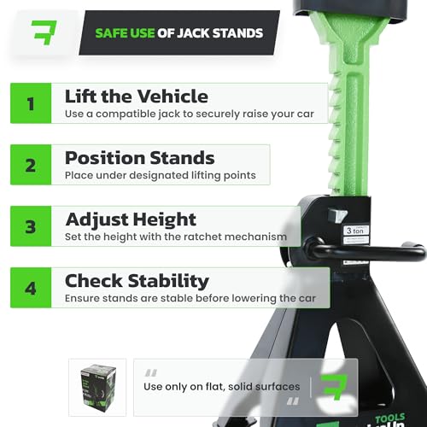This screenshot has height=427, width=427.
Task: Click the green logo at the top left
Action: pyautogui.click(x=44, y=32)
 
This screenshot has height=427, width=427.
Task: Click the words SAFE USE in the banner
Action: pyautogui.click(x=125, y=33)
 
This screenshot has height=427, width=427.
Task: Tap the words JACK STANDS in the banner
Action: pyautogui.click(x=220, y=33)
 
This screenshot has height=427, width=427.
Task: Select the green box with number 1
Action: pyautogui.click(x=31, y=103)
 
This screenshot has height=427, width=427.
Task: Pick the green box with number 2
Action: pyautogui.click(x=31, y=165)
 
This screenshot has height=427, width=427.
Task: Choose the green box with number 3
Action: pyautogui.click(x=31, y=226)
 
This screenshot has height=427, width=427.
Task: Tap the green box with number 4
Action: pyautogui.click(x=31, y=288)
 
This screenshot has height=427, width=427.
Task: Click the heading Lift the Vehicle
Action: pyautogui.click(x=137, y=97)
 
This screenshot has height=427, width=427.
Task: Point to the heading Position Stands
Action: pyautogui.click(x=139, y=158)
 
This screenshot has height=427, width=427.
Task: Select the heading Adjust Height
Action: pyautogui.click(x=131, y=220)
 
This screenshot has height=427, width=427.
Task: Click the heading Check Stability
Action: pyautogui.click(x=137, y=281)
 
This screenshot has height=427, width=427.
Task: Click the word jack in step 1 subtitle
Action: pyautogui.click(x=169, y=114)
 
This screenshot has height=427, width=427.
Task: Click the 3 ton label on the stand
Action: pyautogui.click(x=355, y=231)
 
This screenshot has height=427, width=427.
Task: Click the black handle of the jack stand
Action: pyautogui.click(x=365, y=250)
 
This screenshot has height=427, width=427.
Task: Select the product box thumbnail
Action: pyautogui.click(x=98, y=388)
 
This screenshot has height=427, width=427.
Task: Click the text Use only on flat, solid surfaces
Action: pyautogui.click(x=222, y=387)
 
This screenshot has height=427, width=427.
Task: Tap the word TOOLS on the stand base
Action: pyautogui.click(x=390, y=418)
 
